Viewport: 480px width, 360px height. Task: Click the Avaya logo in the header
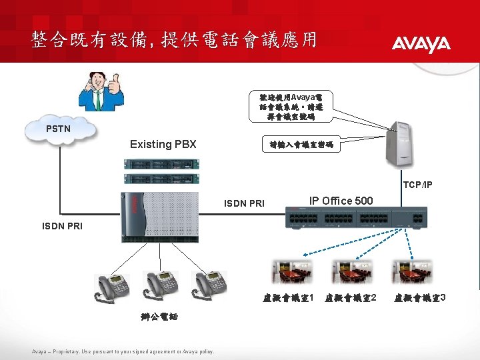click(421, 44)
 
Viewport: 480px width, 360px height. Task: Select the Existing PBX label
click(163, 144)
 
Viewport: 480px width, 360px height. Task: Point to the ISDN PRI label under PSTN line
click(63, 226)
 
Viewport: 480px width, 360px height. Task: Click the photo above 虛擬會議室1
click(292, 272)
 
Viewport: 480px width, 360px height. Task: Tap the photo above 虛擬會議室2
click(352, 272)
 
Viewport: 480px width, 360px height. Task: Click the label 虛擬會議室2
click(351, 296)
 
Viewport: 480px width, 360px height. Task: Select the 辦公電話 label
click(159, 317)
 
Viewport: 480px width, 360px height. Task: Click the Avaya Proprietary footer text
click(123, 351)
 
